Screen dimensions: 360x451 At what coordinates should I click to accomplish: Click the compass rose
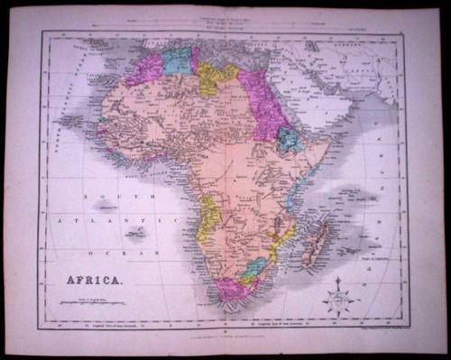[340, 297]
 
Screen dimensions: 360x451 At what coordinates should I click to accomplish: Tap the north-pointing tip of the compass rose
[340, 280]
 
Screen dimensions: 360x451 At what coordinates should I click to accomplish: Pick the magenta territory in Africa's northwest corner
[144, 69]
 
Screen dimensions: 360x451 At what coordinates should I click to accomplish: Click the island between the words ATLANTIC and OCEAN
[136, 233]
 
